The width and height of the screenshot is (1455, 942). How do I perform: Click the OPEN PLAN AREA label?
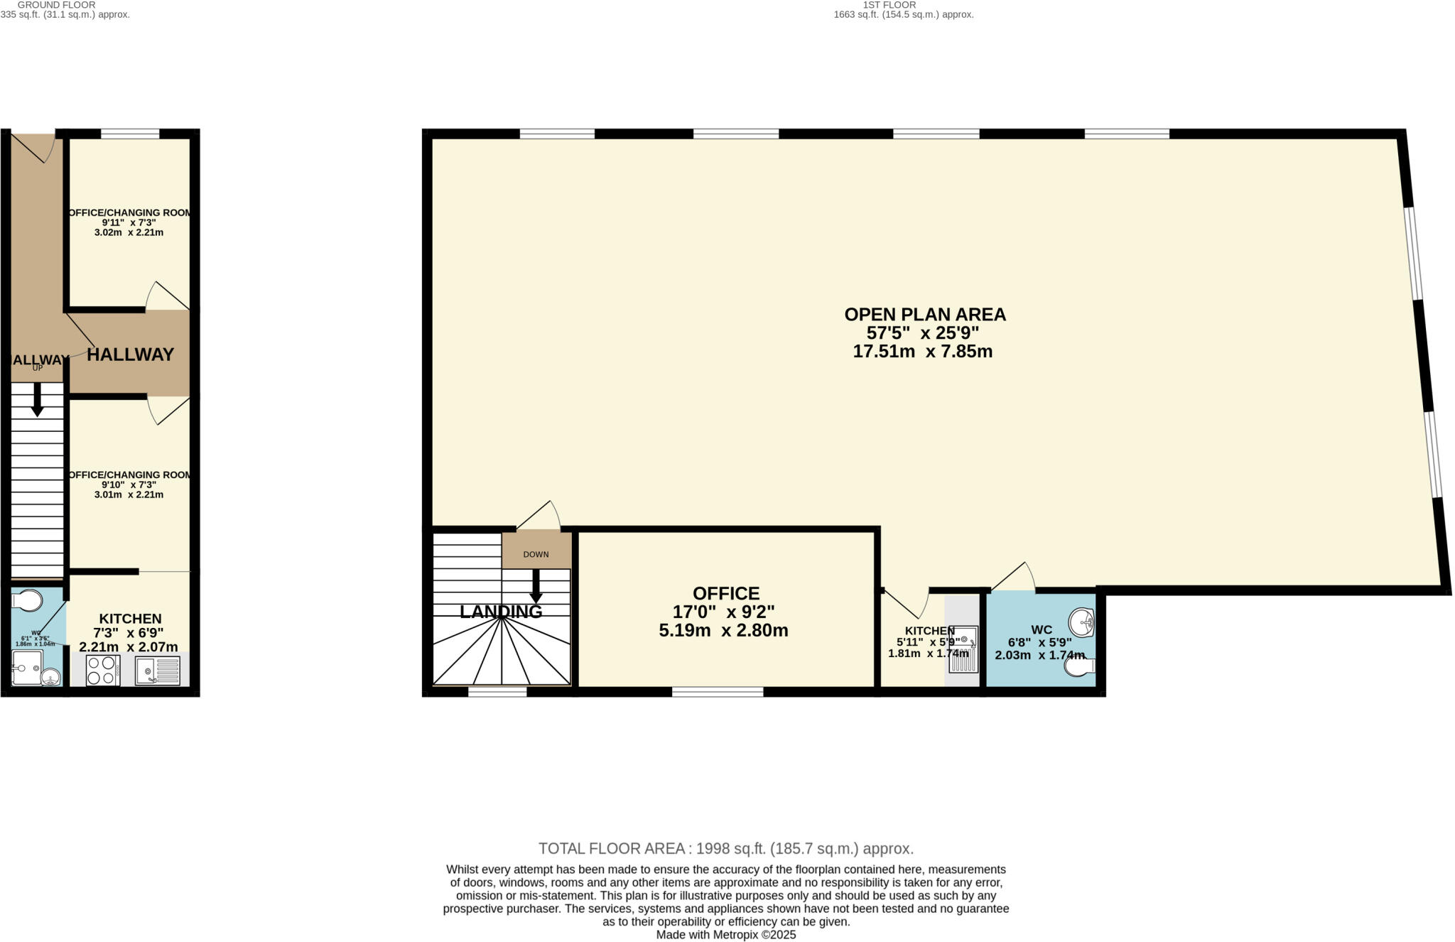click(x=924, y=314)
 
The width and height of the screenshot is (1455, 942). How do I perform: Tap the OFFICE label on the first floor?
click(x=726, y=593)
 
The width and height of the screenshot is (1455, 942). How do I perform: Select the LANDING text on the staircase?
click(x=501, y=612)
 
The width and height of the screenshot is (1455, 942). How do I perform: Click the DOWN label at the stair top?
click(x=536, y=554)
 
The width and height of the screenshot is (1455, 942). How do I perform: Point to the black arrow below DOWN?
click(x=536, y=585)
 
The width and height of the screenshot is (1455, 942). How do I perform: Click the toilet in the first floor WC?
click(x=1080, y=666)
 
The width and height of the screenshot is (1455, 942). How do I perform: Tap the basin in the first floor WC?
click(x=1082, y=623)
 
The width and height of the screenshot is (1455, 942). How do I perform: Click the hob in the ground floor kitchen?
click(x=102, y=670)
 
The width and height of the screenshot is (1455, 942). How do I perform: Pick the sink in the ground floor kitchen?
click(x=158, y=670)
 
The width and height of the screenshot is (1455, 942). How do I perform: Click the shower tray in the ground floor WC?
click(x=27, y=667)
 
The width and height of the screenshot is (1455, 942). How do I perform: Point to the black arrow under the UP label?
click(x=38, y=399)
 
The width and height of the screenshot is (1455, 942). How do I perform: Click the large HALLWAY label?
click(x=131, y=354)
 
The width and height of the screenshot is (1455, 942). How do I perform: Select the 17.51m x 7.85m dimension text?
click(x=922, y=351)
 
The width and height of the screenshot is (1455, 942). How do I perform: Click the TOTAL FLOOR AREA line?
click(x=725, y=848)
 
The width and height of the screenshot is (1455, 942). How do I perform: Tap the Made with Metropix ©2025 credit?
click(x=725, y=935)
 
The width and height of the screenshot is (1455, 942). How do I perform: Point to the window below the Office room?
click(x=718, y=691)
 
